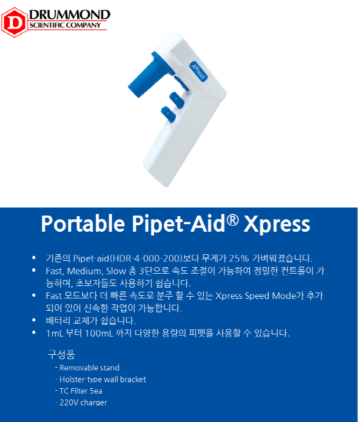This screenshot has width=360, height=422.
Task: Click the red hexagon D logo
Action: tap(15, 22)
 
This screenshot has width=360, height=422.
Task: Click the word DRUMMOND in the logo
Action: tap(70, 15)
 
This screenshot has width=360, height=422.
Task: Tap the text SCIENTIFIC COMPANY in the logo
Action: tap(65, 25)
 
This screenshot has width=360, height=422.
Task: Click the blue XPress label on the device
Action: tap(198, 71)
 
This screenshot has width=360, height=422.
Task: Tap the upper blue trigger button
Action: tap(176, 100)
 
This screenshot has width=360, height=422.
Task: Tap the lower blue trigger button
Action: tap(168, 115)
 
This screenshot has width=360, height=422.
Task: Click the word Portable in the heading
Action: tap(83, 224)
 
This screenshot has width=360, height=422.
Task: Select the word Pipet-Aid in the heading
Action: tap(178, 224)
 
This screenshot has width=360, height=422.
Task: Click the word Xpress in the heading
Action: tap(277, 225)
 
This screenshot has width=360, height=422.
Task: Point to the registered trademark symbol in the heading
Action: tap(233, 220)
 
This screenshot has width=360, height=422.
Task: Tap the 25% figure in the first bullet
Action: tap(239, 259)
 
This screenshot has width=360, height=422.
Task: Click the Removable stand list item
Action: tap(88, 368)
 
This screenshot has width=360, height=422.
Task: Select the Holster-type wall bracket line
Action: tap(100, 379)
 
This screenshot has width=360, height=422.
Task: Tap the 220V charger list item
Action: tap(81, 402)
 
